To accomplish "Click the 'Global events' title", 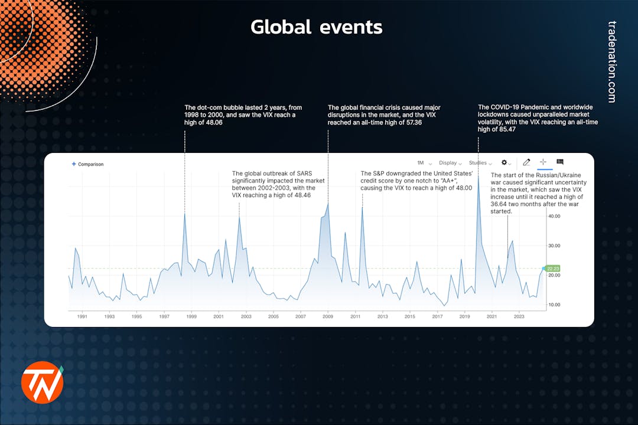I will pos(316,27).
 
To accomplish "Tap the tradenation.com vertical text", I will pos(611,62).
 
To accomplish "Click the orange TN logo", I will pos(42,382).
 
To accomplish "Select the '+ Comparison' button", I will pos(87,164).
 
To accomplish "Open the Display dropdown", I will pos(450,163).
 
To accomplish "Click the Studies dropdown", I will pos(480,163).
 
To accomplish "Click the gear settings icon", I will pos(504,162).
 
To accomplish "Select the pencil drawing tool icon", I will pos(526,162).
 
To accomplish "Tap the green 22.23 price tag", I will pos(553,269).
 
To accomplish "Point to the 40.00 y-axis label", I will pos(554,216).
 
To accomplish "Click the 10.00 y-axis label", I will pos(554,305).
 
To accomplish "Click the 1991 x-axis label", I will pos(82,317).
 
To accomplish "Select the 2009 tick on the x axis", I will pos(328,317).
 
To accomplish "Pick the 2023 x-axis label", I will pos(519,317).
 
